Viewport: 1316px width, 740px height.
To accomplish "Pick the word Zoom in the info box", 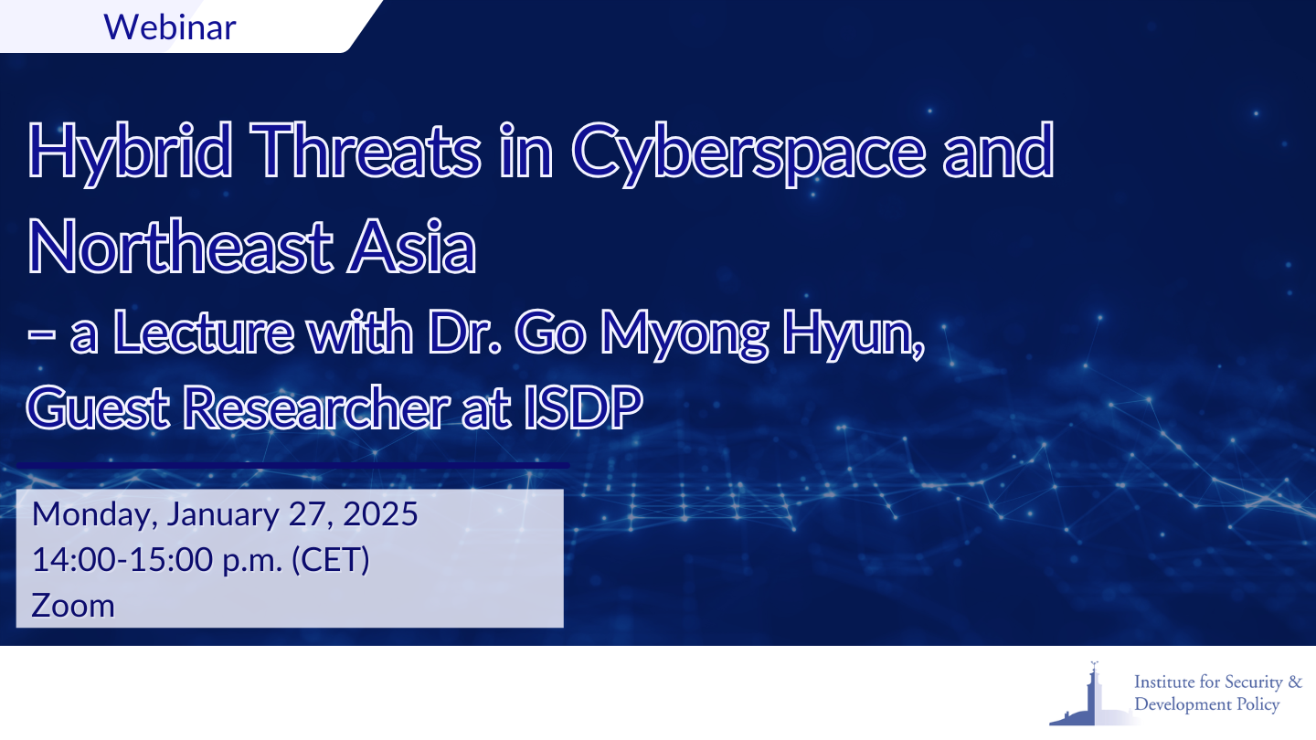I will (73, 606).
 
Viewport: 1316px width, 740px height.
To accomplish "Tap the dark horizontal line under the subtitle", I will (292, 465).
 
